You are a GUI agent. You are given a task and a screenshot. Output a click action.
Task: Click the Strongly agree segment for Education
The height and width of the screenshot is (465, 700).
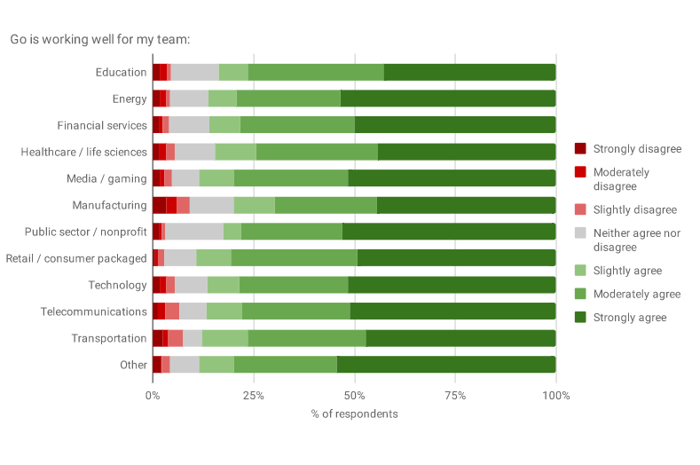coord(469,73)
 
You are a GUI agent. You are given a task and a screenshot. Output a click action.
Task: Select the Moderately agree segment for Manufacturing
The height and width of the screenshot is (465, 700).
coord(326,206)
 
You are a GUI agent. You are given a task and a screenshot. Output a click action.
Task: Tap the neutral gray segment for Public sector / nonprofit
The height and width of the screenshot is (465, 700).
coord(194,232)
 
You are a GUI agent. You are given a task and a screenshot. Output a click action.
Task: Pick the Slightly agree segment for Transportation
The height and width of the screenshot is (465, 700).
coord(225,339)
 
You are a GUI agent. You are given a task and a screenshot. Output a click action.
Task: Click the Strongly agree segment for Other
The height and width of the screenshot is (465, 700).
coord(446,366)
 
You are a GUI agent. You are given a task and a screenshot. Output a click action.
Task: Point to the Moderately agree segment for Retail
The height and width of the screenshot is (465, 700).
coord(294,259)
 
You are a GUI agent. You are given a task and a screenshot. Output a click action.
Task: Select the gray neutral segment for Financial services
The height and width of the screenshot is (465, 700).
coord(189,126)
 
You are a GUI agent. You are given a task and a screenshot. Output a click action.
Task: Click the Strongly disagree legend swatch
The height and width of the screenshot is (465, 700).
coord(580,148)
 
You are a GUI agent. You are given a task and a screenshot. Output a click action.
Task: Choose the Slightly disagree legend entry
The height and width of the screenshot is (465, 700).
coord(634,209)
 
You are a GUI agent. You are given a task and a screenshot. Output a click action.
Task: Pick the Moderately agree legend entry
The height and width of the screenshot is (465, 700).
coord(636,294)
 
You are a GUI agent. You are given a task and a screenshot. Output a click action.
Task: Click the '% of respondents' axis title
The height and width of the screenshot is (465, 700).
coord(354,414)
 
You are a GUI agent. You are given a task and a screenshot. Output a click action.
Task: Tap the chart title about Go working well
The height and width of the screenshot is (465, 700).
coord(100,40)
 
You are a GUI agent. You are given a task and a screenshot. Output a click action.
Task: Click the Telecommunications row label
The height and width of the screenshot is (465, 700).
coord(94,312)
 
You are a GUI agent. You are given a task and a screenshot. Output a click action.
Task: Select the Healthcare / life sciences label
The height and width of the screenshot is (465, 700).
coord(84,153)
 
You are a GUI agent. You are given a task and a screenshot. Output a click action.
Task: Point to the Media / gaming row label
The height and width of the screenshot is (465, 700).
coord(106,179)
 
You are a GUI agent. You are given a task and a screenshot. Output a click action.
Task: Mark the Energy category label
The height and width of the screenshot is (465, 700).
coord(130,99)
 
